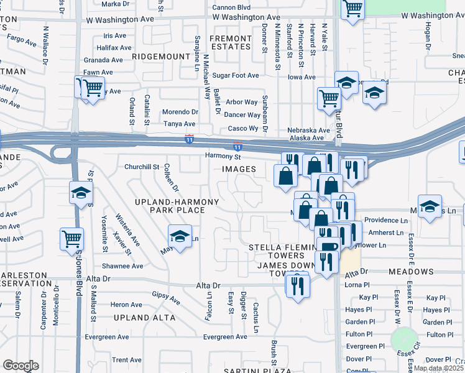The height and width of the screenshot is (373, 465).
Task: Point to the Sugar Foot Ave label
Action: coord(236,76)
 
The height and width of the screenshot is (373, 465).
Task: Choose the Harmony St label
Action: coord(224,157)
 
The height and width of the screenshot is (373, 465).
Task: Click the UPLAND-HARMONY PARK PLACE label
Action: coord(178,206)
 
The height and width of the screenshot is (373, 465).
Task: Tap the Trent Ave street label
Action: coord(127,360)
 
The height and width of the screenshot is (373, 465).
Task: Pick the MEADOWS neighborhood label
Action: coord(411,272)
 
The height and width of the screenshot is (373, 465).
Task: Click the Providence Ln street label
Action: coord(385,220)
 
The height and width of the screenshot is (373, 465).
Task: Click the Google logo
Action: coord(21,366)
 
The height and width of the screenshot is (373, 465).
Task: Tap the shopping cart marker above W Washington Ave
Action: coord(352,9)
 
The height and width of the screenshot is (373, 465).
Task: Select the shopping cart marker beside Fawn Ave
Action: coord(92,88)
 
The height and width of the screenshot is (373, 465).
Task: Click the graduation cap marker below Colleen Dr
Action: coord(180,237)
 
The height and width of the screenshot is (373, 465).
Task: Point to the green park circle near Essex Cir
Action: coord(404,340)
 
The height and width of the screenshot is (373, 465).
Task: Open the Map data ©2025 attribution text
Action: coord(439,368)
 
